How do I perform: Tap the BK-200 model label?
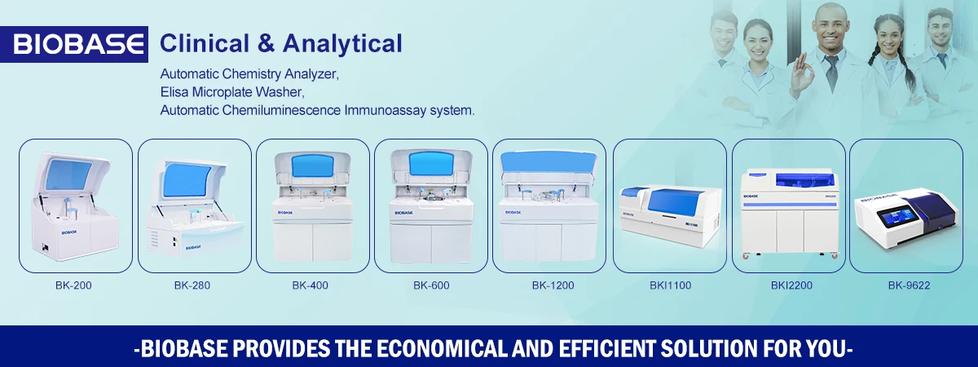pos(75,285)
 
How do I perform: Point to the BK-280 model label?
pos(193,285)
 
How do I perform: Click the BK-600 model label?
pos(431,285)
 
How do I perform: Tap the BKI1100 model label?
pos(669,285)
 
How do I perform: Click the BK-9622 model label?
pos(909,285)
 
